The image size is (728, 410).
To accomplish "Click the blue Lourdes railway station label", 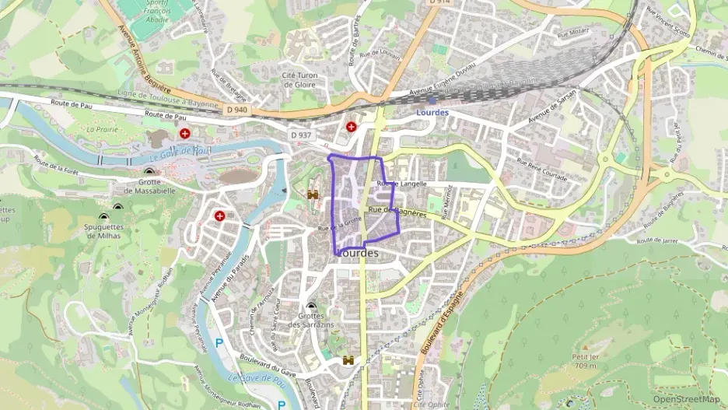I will coord(432,112).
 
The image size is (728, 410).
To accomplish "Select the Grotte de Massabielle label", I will coord(149,185).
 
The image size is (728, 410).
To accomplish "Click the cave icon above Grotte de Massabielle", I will coord(149,171).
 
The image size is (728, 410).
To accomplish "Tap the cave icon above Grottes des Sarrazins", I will coord(311,307).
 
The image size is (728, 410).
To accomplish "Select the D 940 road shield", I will coord(238,110).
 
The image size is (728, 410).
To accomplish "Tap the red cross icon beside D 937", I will coord(352,126).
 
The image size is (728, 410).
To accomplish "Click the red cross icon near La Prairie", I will coord(185,134).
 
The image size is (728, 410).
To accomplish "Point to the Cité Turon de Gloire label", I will coord(299,79).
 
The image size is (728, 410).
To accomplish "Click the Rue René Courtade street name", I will coord(542,170).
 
